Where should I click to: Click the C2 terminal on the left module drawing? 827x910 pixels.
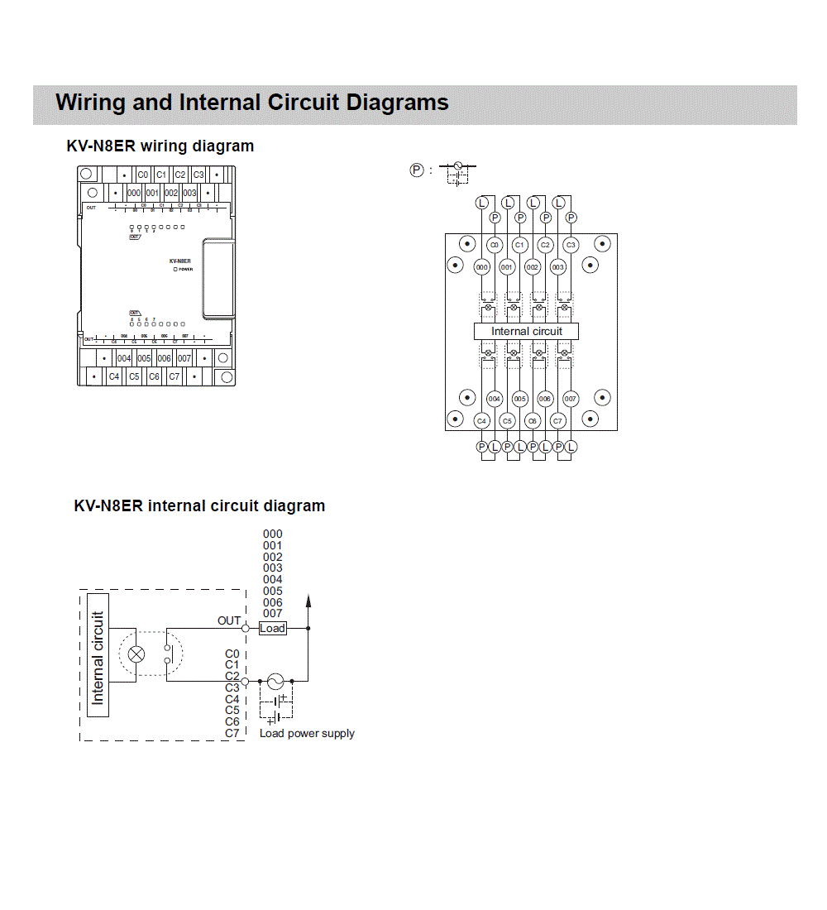(179, 175)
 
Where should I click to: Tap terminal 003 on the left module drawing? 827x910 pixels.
(189, 193)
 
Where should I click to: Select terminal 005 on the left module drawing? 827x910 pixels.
(144, 359)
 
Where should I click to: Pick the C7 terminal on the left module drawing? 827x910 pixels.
(174, 376)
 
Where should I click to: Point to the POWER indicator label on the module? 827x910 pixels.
(185, 270)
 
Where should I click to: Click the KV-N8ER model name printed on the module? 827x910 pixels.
(179, 261)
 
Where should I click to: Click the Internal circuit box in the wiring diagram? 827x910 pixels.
(526, 331)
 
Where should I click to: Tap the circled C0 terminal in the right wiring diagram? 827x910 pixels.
(495, 245)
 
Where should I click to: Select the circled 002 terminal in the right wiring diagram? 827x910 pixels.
(533, 267)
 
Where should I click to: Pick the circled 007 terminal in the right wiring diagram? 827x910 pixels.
(570, 399)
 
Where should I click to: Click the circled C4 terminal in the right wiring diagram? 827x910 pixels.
(482, 421)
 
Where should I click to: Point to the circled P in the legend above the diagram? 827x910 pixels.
(417, 170)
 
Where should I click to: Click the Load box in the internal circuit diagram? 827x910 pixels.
(272, 629)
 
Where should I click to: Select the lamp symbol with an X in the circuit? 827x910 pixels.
(137, 654)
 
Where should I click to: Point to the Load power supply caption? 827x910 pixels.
(307, 734)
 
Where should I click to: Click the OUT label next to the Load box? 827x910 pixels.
(229, 620)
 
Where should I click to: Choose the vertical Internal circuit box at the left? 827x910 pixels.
(98, 655)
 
